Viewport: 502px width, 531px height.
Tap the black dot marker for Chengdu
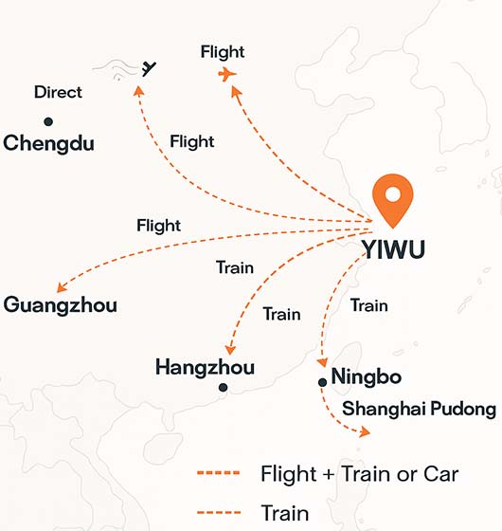(x=47, y=121)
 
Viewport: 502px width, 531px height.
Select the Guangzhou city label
(x=61, y=305)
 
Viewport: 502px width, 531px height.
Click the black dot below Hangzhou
(x=223, y=388)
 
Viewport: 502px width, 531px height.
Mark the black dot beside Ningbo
(x=323, y=381)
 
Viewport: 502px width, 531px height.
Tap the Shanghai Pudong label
(x=419, y=410)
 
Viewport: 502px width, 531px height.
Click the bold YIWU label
(x=394, y=249)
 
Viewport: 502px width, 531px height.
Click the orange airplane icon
(x=227, y=74)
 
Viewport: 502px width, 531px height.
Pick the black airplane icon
(x=147, y=67)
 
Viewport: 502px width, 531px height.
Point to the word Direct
(x=58, y=93)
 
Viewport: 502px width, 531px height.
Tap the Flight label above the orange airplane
(x=223, y=52)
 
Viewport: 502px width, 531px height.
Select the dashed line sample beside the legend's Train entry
(x=218, y=513)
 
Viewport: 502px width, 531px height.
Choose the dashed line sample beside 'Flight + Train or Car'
(x=218, y=474)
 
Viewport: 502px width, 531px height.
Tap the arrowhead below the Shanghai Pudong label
(x=363, y=431)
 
